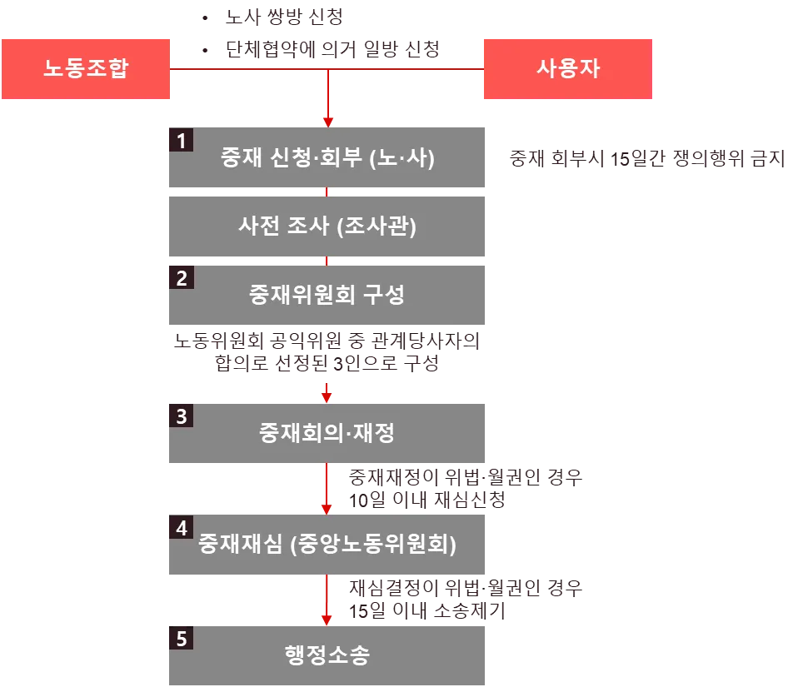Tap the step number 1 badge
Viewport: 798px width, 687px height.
click(x=180, y=141)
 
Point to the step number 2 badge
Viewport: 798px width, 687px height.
click(x=180, y=277)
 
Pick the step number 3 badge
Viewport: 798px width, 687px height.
click(x=180, y=416)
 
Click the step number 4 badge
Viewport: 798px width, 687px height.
click(x=180, y=528)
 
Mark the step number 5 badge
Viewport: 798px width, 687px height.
click(x=180, y=640)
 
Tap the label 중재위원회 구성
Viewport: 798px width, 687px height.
click(x=327, y=295)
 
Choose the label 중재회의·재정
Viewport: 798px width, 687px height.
click(x=327, y=433)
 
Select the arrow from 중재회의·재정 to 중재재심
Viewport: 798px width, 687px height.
click(x=327, y=491)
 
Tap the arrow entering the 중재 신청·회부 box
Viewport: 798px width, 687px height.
click(x=329, y=100)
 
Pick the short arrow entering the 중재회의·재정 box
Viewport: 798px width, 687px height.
click(x=327, y=390)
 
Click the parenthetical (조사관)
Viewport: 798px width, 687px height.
click(x=377, y=227)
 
